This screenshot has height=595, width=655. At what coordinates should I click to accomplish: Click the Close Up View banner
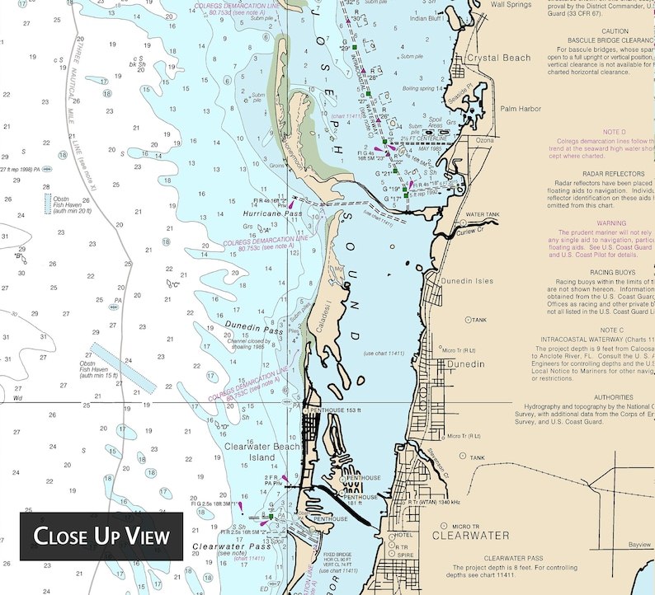click(x=101, y=536)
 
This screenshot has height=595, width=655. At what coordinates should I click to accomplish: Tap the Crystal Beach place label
click(x=498, y=58)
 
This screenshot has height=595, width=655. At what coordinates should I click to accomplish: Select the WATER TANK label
click(x=483, y=214)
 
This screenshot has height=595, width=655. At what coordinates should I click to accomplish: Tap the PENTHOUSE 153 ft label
click(x=337, y=410)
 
